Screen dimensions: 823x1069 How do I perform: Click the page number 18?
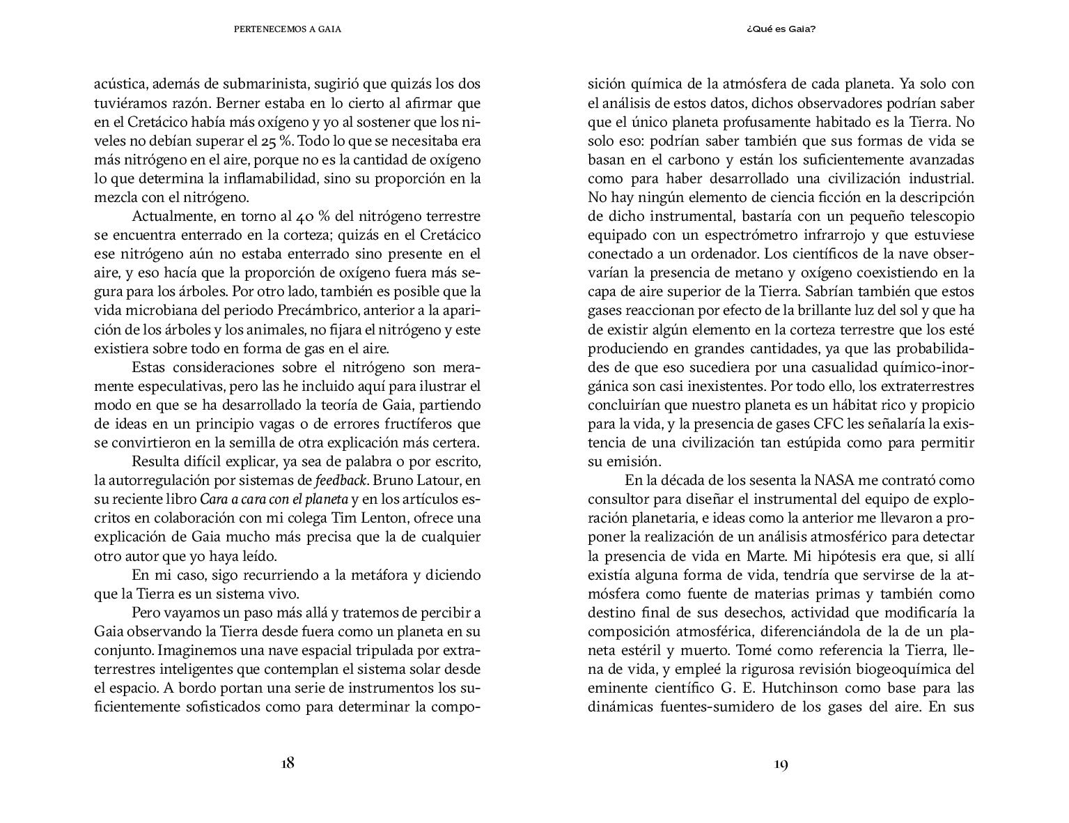click(x=288, y=763)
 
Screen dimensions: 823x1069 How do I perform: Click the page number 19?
click(x=780, y=764)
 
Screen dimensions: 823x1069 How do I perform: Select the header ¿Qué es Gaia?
click(x=780, y=30)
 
